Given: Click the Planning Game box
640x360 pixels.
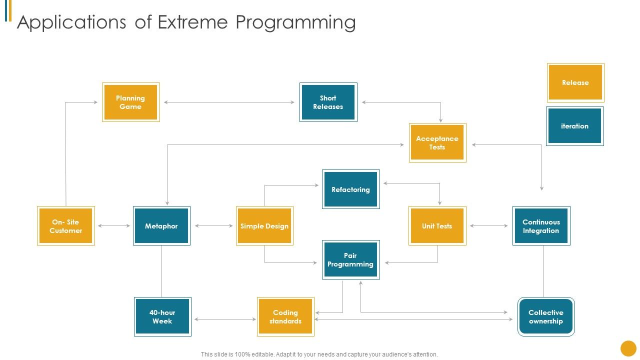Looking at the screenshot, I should (x=130, y=102).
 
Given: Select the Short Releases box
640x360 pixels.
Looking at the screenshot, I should (x=328, y=102).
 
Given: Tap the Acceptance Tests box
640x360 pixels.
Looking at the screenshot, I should (x=437, y=142).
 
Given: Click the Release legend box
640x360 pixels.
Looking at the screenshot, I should (x=575, y=82).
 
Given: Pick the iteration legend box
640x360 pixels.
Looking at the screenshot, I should (x=574, y=126).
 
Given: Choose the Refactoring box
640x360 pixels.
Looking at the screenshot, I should (x=350, y=189).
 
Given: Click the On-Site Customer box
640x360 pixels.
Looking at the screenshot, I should (x=65, y=226).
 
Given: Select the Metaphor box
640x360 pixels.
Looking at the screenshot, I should (x=161, y=226).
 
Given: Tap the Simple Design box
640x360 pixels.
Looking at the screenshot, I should (x=264, y=226).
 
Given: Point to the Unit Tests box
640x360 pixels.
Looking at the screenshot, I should (x=437, y=226).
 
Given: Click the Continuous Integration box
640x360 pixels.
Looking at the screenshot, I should (x=541, y=226).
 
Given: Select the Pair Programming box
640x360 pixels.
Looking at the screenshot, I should (x=350, y=259).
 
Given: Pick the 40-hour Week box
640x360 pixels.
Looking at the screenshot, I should (x=162, y=316).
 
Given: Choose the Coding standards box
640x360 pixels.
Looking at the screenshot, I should (x=285, y=316).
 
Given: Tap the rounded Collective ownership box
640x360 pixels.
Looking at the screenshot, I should (x=545, y=316).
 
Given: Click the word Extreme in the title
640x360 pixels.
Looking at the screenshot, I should (x=193, y=22).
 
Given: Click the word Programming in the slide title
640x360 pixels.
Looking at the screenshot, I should (x=295, y=22).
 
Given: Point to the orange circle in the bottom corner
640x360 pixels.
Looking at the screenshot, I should (x=628, y=348).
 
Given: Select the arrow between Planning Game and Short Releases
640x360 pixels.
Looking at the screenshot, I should (x=229, y=102).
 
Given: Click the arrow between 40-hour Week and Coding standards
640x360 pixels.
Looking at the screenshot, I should (x=225, y=319).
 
